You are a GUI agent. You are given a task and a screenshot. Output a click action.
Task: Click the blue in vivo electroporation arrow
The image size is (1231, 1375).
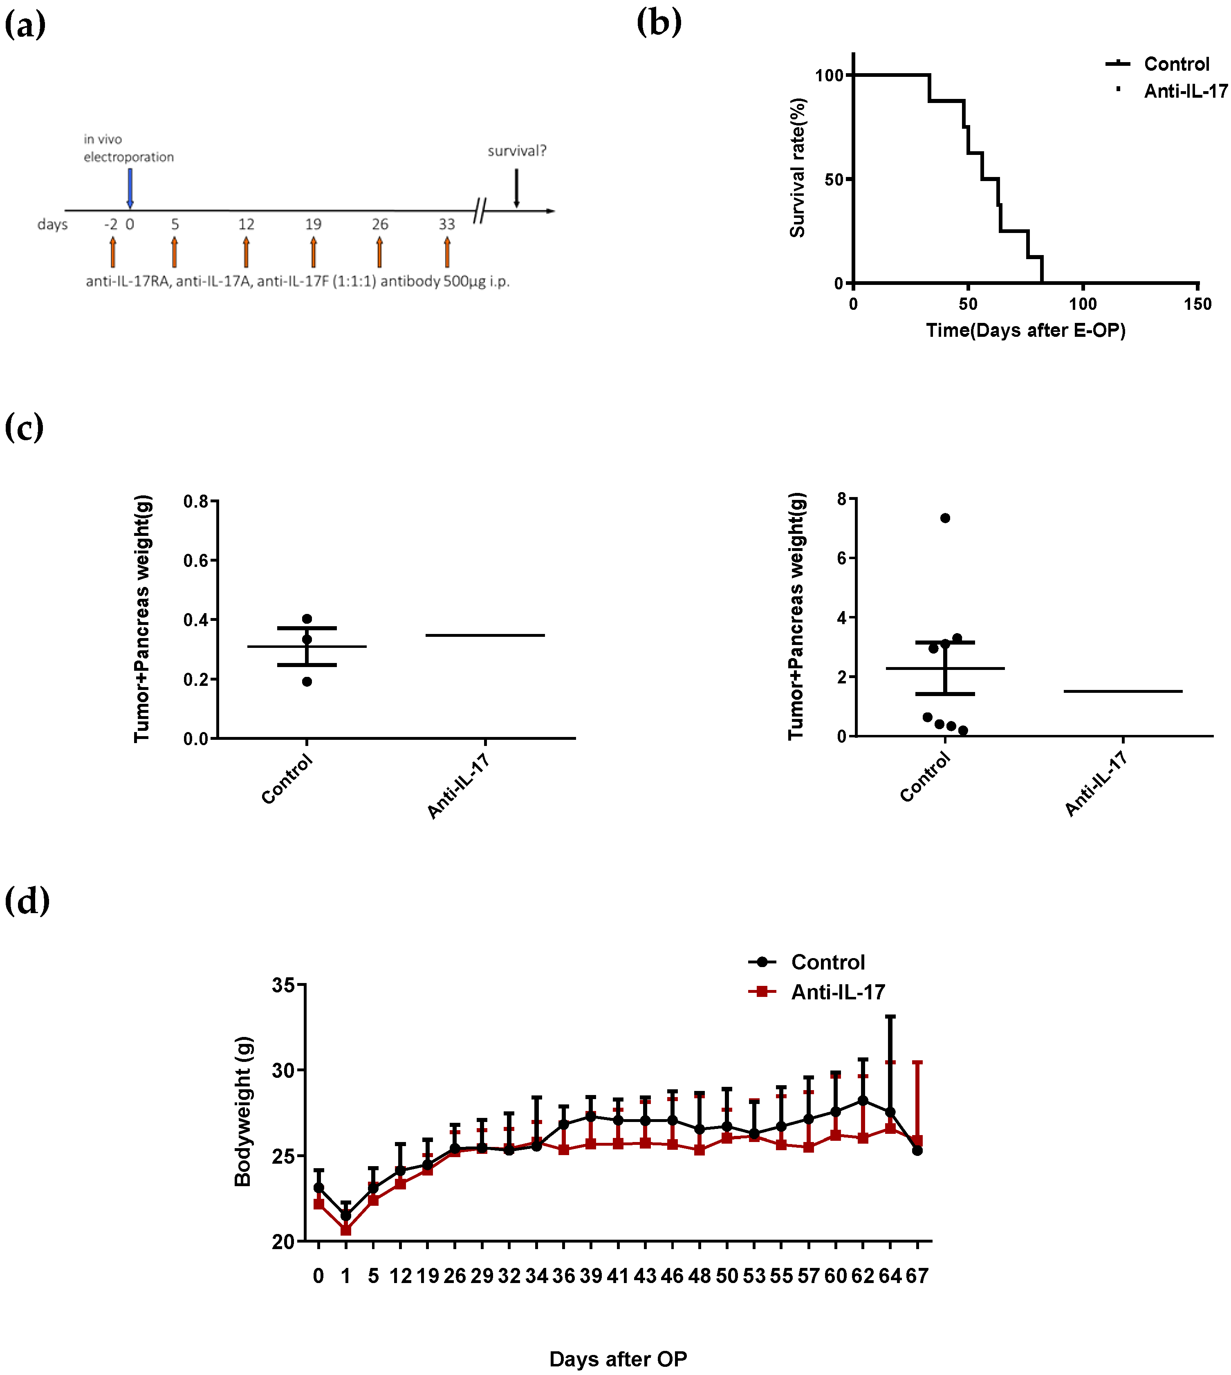click(130, 188)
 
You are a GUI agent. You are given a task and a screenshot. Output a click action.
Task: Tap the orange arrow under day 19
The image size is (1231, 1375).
click(313, 252)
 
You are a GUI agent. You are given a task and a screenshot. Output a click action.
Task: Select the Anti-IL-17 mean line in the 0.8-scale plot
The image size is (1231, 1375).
click(485, 635)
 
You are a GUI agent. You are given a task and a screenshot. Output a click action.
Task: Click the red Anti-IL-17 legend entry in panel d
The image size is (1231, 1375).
click(816, 992)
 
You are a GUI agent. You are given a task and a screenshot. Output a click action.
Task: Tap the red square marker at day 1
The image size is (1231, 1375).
click(345, 1229)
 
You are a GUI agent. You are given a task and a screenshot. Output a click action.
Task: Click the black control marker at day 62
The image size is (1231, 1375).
click(862, 1100)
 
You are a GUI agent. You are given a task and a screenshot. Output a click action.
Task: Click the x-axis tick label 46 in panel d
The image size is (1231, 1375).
click(672, 1276)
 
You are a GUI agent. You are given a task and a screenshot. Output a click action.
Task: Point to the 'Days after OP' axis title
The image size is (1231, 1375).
click(618, 1359)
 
